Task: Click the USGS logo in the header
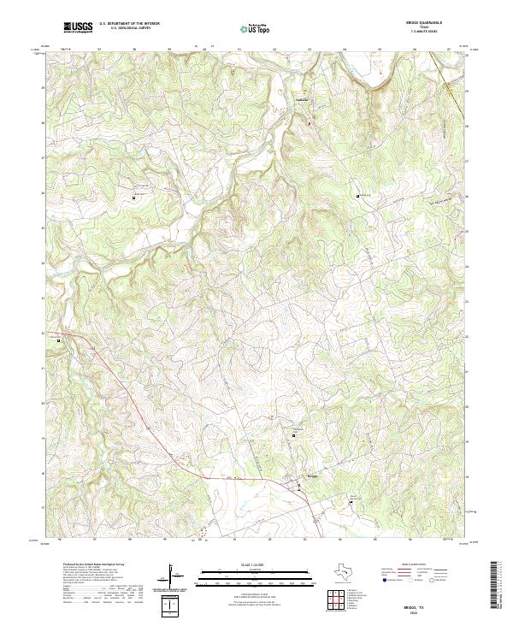[x=79, y=27]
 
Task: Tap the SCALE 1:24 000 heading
[x=240, y=564]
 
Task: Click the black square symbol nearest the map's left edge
[x=58, y=340]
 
